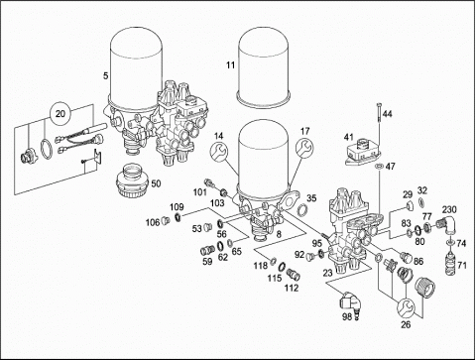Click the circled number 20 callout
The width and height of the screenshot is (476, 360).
point(60,114)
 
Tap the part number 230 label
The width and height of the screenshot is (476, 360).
point(449,209)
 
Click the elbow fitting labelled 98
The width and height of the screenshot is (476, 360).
point(351,302)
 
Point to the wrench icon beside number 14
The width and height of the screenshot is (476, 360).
point(219,152)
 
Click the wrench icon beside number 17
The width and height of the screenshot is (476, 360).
point(304,148)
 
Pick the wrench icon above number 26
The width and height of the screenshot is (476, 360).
point(406,308)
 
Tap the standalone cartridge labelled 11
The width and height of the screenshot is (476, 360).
point(264,67)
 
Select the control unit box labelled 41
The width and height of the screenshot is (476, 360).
point(363,152)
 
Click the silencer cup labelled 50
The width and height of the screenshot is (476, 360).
point(132,181)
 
